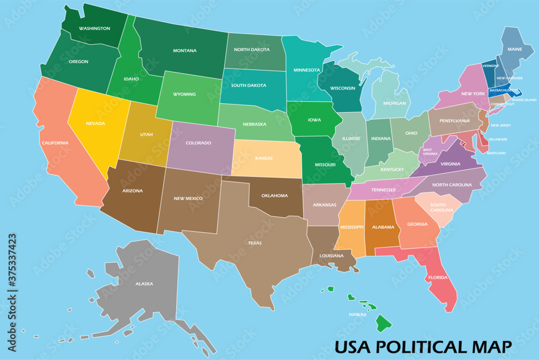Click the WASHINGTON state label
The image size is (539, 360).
click(94, 29)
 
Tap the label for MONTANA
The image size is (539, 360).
click(184, 51)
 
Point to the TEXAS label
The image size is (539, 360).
click(254, 243)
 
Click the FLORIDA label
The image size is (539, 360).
click(438, 278)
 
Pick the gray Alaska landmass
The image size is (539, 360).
click(143, 280)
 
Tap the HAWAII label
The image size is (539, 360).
click(357, 314)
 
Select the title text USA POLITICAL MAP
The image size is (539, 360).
click(423, 345)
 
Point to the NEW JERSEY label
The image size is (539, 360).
click(501, 126)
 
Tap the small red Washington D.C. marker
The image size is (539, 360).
click(462, 143)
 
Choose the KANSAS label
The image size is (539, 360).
click(264, 158)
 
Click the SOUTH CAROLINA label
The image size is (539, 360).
click(438, 207)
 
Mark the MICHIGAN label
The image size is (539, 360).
click(395, 102)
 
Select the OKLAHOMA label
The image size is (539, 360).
click(274, 196)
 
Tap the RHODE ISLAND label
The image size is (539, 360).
click(523, 100)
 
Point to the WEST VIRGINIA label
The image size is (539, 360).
click(431, 152)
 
